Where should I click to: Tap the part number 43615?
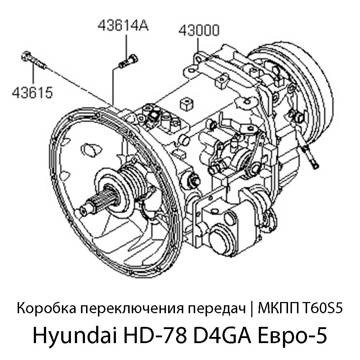(x=32, y=93)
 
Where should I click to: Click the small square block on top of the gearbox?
(x=186, y=104)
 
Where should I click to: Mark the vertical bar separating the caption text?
(x=251, y=309)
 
